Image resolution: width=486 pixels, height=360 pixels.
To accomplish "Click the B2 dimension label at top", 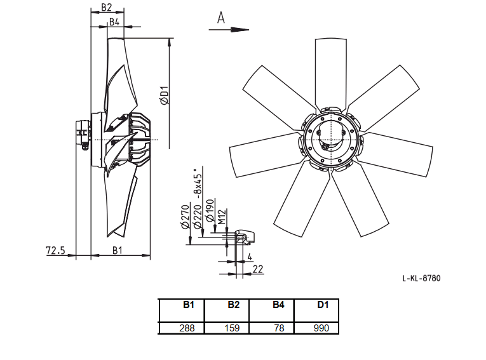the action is [x=106, y=7].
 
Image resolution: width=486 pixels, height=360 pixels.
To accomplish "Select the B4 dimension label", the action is [x=114, y=22].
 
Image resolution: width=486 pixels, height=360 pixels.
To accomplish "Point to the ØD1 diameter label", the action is [x=165, y=95].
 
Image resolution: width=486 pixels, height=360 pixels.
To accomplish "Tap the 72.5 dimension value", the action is [x=55, y=250].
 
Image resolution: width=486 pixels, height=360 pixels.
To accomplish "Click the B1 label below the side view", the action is [x=117, y=250].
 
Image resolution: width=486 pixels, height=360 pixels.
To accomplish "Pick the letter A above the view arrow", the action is [x=220, y=18].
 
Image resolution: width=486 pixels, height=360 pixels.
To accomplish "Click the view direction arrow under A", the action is [x=229, y=30].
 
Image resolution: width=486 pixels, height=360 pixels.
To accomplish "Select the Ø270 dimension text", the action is [x=185, y=217].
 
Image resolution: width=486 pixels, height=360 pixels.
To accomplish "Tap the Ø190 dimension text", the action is [x=210, y=211].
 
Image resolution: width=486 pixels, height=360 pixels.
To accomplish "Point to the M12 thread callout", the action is [x=221, y=217].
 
